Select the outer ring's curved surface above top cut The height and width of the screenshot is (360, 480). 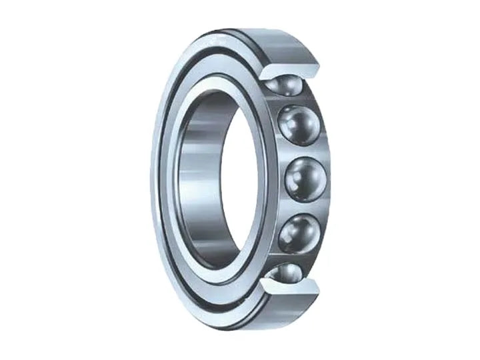pos(267,40)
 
